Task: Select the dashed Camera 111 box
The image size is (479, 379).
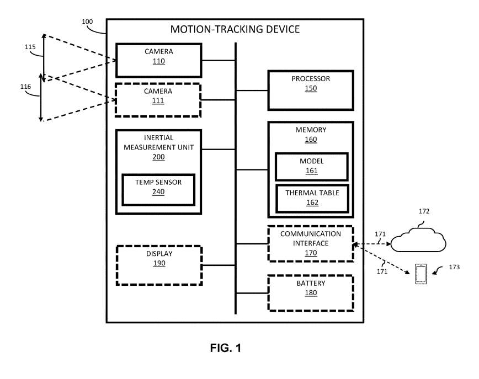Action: (x=158, y=99)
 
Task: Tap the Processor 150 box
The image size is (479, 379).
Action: (x=311, y=89)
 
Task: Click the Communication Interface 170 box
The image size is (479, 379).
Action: (x=310, y=243)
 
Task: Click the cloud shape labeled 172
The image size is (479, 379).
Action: (x=418, y=241)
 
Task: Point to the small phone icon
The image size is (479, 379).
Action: (x=421, y=274)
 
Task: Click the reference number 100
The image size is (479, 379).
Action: (x=87, y=22)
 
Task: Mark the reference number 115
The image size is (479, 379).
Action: (x=30, y=47)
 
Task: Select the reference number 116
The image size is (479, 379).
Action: (x=25, y=87)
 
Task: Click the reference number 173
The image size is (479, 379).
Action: (x=454, y=267)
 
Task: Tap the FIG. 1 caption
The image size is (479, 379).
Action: (x=226, y=348)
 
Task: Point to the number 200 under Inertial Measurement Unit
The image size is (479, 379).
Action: (x=159, y=157)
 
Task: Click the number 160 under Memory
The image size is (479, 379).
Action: (x=311, y=140)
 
